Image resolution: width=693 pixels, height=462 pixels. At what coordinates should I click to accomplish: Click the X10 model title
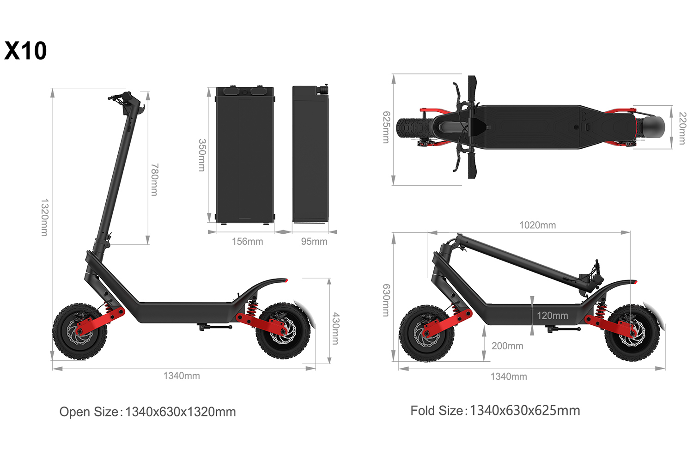coord(25,51)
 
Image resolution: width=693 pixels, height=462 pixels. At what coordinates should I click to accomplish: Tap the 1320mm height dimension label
coord(44,218)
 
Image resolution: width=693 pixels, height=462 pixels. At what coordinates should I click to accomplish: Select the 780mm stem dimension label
coord(155,179)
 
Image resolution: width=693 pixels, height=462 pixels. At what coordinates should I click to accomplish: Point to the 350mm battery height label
coord(202,155)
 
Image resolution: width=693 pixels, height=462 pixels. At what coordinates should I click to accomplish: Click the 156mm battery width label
coord(247,242)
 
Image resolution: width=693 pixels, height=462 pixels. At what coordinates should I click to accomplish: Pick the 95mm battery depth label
coord(314,242)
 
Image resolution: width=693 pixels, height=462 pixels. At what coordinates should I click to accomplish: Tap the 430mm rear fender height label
coord(336,328)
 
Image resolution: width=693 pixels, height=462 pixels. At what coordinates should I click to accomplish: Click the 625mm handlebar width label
coord(386,127)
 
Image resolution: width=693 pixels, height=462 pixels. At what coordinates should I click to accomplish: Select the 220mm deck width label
coord(682,128)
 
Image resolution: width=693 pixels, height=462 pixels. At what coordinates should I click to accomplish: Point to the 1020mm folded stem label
coord(537,225)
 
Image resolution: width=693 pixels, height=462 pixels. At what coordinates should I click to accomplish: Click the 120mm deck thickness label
coord(552,316)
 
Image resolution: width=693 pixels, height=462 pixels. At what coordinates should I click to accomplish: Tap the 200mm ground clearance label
coord(507,346)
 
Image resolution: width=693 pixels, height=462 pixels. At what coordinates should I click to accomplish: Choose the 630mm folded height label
coord(386,300)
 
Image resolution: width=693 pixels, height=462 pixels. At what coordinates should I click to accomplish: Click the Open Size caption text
coord(147,412)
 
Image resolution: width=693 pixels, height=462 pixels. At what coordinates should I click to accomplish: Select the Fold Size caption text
coord(495,411)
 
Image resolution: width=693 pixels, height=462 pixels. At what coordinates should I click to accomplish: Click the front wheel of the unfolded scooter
coord(79,331)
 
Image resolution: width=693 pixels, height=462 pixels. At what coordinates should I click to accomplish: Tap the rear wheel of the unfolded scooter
coord(283,330)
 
